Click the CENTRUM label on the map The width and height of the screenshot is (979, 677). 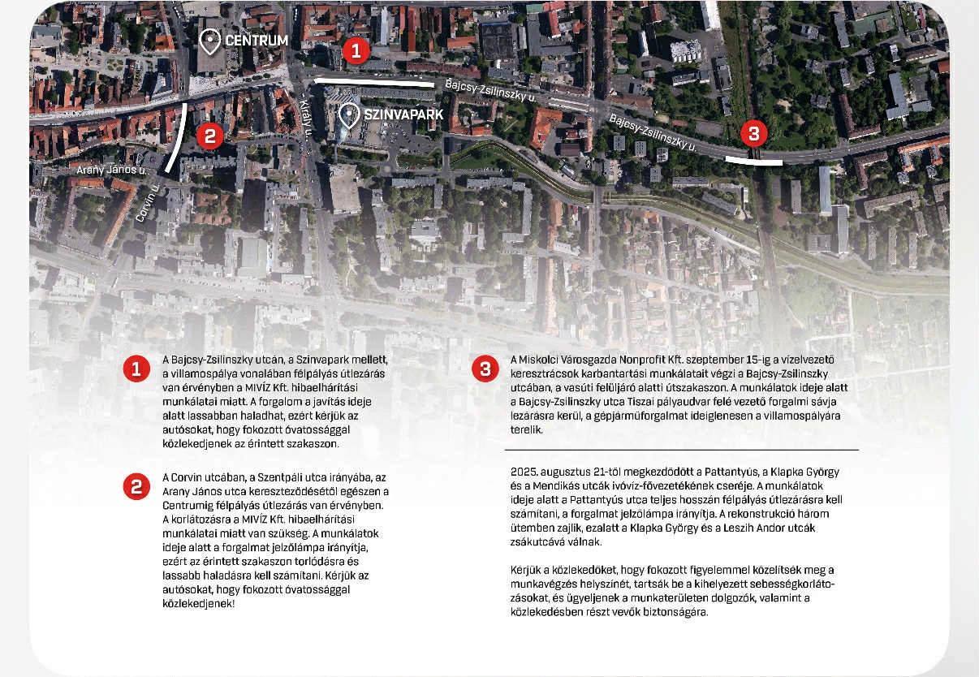click(x=256, y=41)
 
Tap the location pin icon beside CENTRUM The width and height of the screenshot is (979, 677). click(x=211, y=41)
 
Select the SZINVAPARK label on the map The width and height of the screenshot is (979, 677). click(x=403, y=114)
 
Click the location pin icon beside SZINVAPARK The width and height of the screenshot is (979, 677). click(x=350, y=115)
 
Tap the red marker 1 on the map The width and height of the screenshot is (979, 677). click(x=356, y=51)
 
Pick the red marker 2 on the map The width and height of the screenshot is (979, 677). click(x=209, y=136)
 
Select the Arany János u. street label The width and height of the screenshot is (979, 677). click(x=111, y=170)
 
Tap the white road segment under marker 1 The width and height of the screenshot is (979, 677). click(x=373, y=82)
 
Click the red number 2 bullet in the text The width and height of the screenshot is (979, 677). click(x=136, y=486)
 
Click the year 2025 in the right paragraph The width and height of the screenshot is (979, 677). click(x=524, y=472)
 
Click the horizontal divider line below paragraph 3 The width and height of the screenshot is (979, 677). click(x=681, y=449)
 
